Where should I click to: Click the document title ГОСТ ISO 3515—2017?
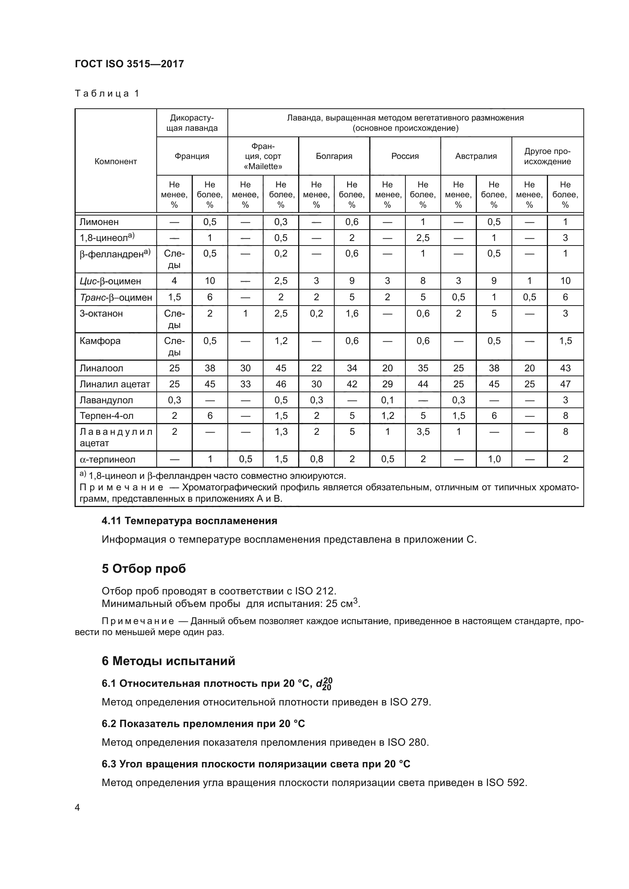tap(129, 64)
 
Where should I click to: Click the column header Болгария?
tap(334, 156)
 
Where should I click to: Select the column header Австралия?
tap(476, 156)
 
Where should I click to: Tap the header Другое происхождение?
tap(547, 157)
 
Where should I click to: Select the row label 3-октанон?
tap(101, 313)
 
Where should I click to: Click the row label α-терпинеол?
tap(107, 460)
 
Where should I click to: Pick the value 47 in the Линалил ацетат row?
tap(565, 384)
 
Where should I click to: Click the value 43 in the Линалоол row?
tap(565, 368)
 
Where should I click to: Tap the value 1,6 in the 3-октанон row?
tap(352, 313)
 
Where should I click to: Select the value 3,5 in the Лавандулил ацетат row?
tap(423, 431)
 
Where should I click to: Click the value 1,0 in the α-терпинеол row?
tap(494, 459)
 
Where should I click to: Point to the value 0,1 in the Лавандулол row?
tap(387, 400)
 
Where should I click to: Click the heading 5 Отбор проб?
tap(144, 569)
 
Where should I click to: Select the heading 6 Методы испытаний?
tap(168, 661)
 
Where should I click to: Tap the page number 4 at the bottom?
tap(78, 808)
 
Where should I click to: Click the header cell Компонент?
tap(116, 162)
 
